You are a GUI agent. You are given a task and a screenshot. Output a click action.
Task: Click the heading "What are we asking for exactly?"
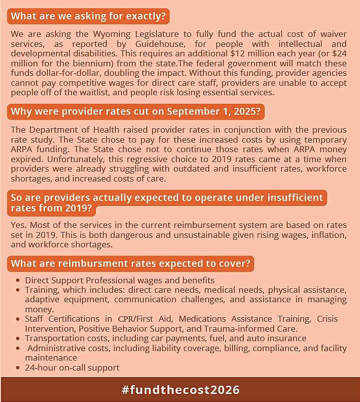coord(88,16)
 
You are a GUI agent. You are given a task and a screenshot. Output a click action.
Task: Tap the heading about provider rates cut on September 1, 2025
coord(135,112)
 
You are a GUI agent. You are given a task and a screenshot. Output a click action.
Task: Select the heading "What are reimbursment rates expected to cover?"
coord(132,263)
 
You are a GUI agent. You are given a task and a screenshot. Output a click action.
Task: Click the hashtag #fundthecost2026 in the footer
coord(180,390)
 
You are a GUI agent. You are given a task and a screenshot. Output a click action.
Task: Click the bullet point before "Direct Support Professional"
coord(18,281)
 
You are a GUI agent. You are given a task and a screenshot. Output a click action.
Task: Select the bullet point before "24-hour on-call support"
coord(18,368)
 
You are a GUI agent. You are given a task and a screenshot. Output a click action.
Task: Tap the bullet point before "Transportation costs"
coord(18,339)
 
